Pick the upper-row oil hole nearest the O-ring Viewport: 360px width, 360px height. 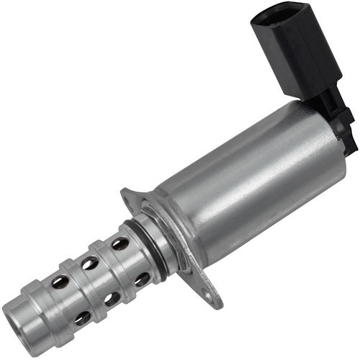120,243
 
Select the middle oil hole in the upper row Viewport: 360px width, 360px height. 90,263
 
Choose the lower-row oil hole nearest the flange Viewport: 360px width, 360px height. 142,279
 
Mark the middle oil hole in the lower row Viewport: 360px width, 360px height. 112,298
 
